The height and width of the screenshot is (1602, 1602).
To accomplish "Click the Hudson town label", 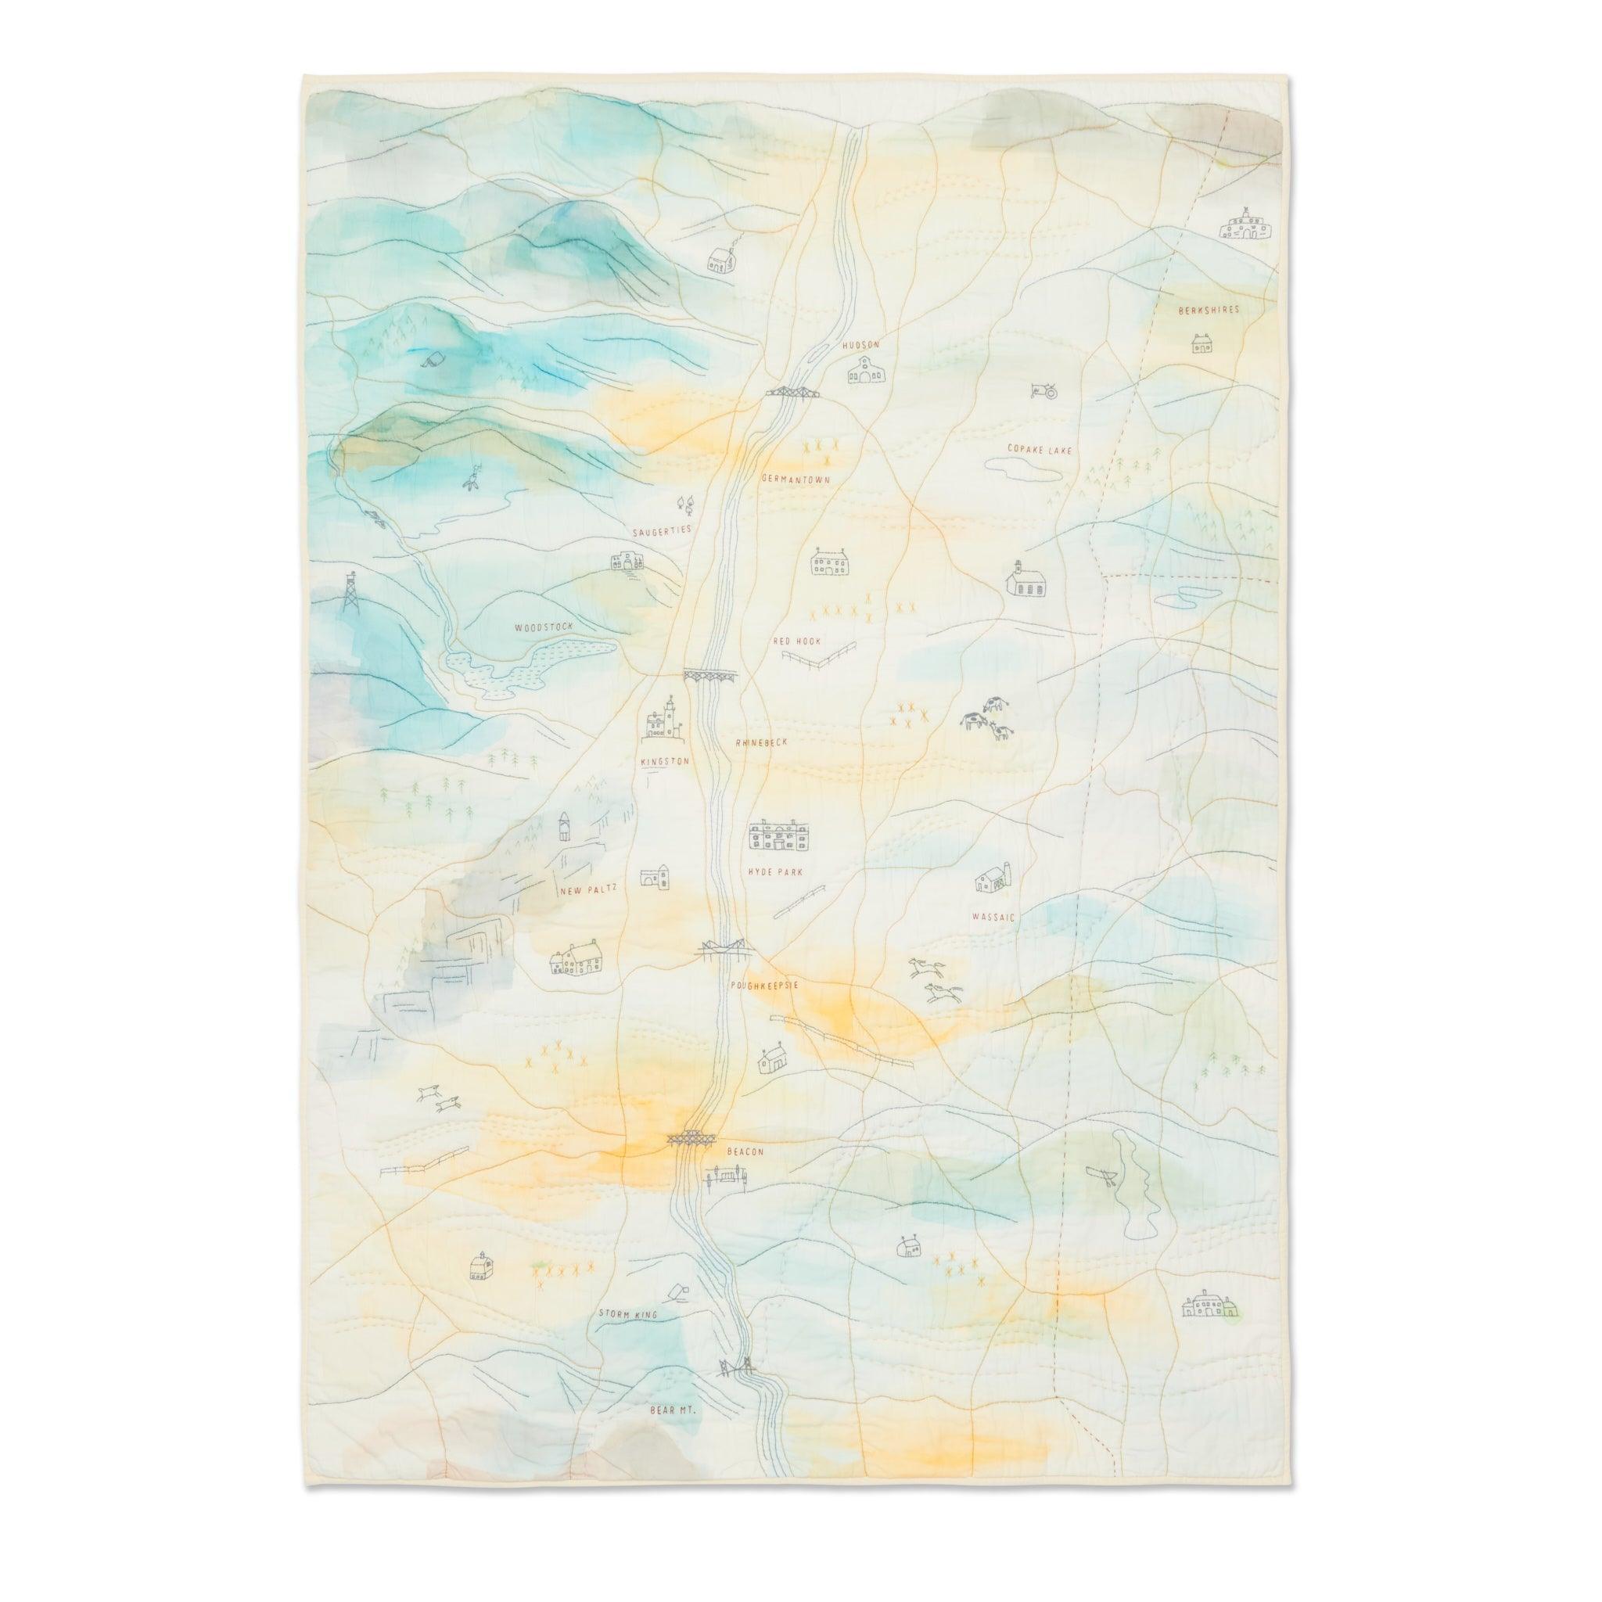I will (x=859, y=344).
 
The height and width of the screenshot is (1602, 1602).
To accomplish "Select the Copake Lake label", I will (x=1040, y=450).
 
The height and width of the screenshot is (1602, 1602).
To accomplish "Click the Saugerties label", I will (x=661, y=530).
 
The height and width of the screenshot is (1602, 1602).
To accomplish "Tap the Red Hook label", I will (x=796, y=641).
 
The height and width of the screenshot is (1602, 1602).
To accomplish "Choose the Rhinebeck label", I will (x=762, y=743).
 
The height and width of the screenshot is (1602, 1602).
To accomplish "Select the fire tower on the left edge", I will (x=351, y=593).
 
